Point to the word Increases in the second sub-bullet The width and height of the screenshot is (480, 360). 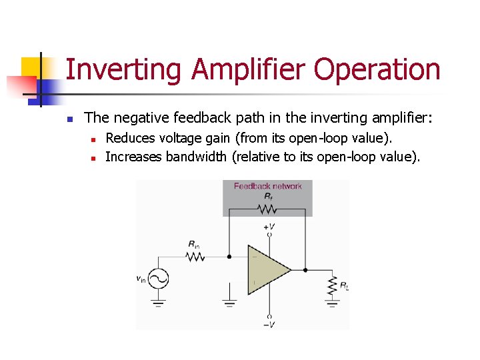[134, 157]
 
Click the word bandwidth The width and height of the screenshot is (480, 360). [196, 157]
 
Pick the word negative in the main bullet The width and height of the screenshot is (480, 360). [143, 119]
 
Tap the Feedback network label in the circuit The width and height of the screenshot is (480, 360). [267, 186]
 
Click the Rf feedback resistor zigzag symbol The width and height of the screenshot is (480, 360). [268, 209]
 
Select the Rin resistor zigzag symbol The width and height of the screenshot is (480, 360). [195, 257]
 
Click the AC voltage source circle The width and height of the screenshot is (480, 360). [159, 279]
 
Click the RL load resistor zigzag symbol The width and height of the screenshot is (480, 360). [331, 287]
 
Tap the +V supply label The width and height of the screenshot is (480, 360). [270, 227]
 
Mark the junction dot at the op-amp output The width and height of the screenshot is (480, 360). [305, 270]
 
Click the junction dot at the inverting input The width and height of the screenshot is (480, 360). [229, 257]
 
